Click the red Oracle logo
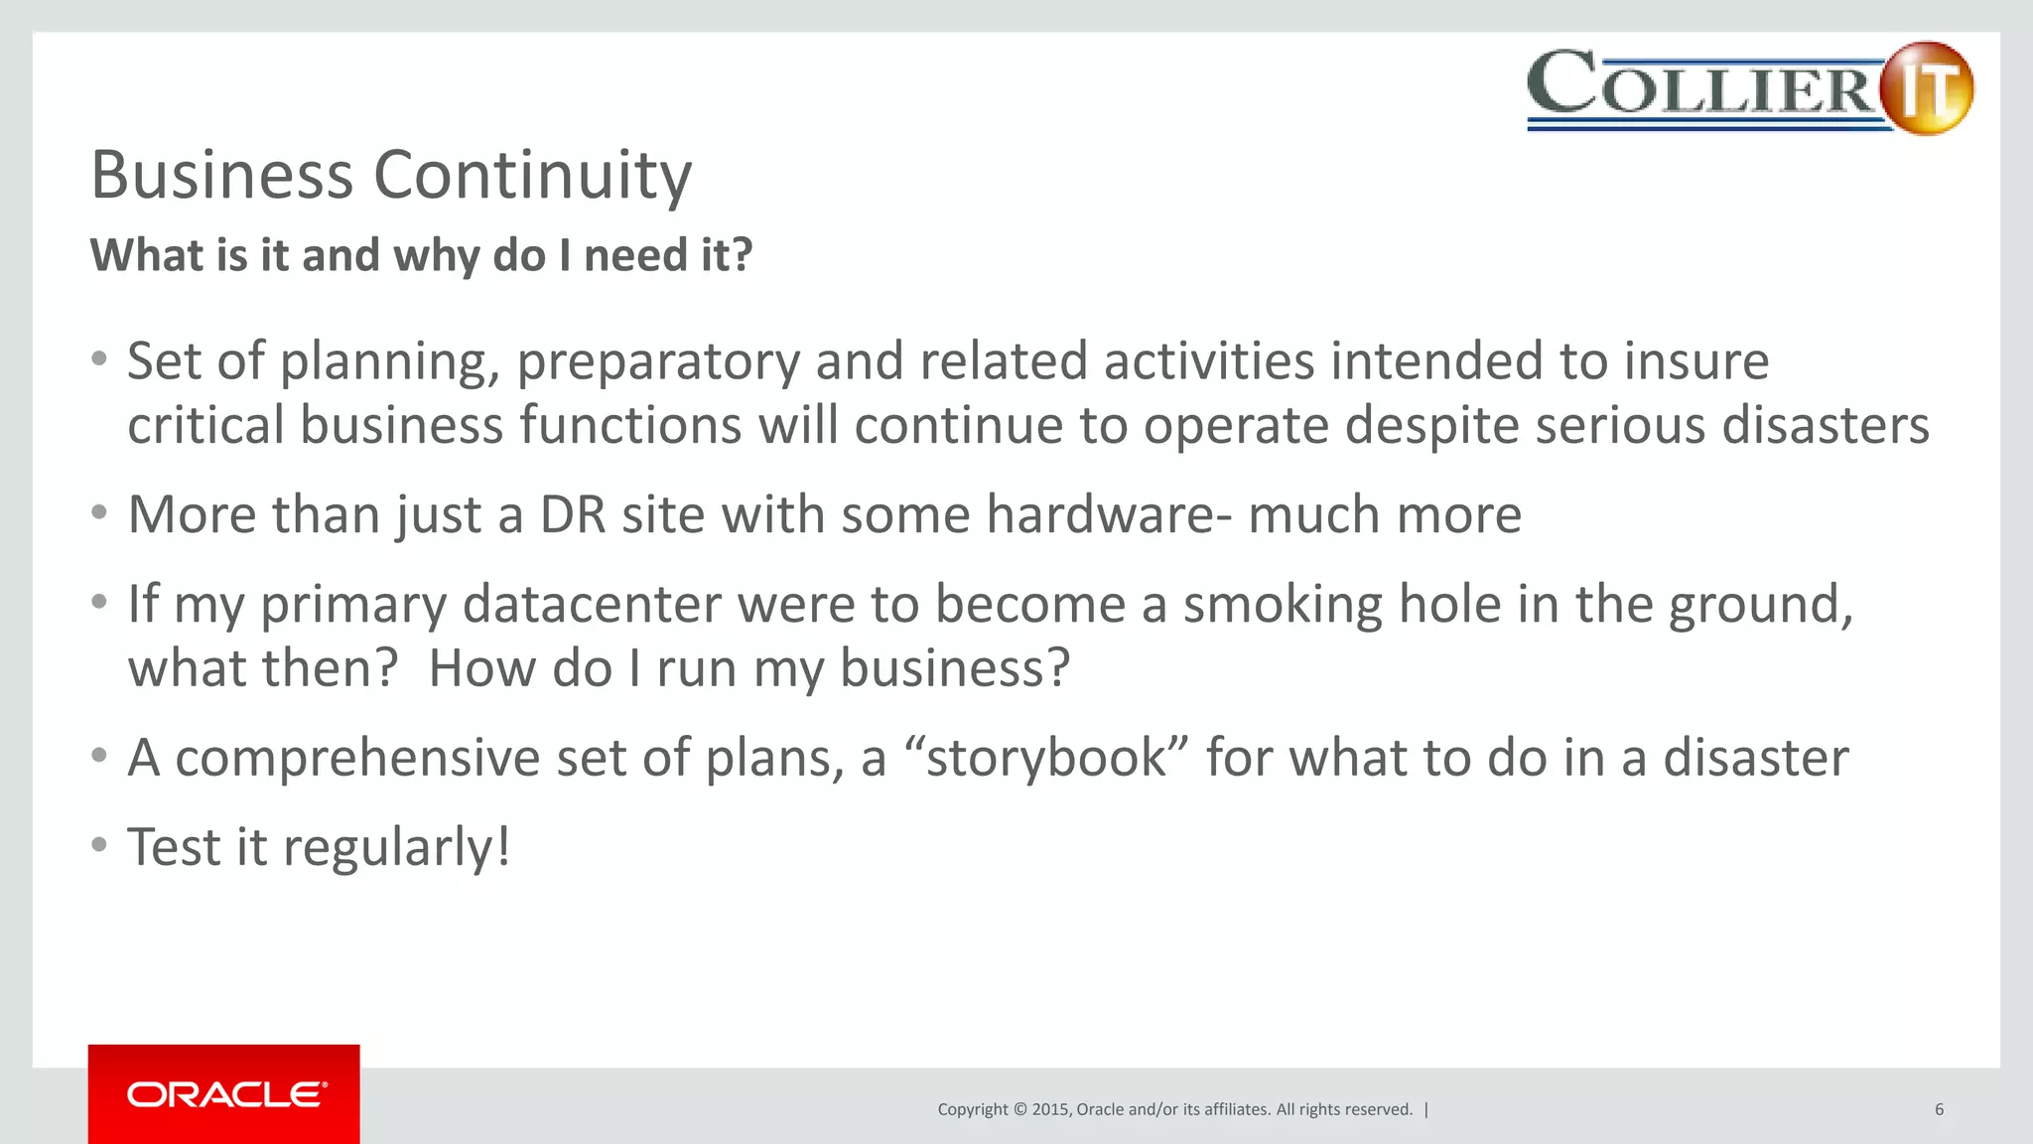coord(224,1093)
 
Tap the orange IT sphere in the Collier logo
coord(1926,87)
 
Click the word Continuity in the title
coord(532,176)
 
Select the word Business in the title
coord(221,176)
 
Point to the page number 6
coord(1939,1109)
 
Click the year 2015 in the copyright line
coord(1050,1109)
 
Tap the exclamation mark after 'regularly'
coord(503,847)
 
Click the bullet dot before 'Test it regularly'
coord(99,845)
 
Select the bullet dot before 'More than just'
coord(99,513)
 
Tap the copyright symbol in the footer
coord(1018,1109)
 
